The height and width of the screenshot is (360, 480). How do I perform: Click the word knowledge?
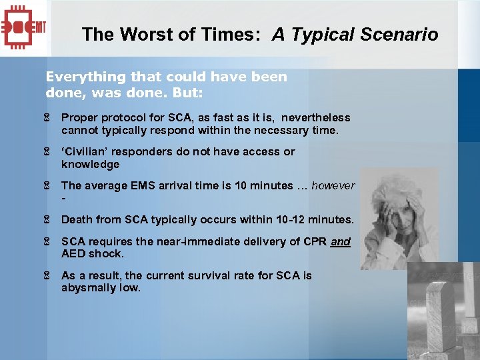pos(90,165)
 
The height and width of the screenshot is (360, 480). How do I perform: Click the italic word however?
pos(333,186)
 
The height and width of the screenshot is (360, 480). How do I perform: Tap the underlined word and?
pos(340,242)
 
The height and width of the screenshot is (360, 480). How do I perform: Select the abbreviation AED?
pos(73,254)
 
